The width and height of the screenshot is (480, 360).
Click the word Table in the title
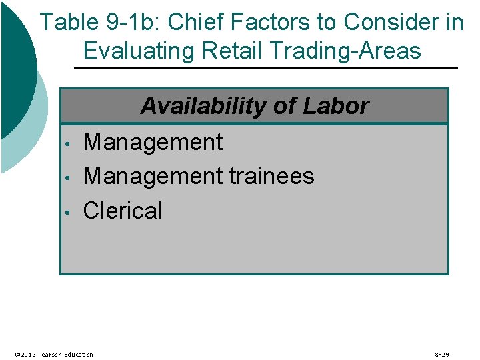[x=68, y=23]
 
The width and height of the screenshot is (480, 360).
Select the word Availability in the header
[x=206, y=106]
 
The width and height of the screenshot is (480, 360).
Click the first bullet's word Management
[x=153, y=142]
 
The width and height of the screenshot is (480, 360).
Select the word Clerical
[x=123, y=211]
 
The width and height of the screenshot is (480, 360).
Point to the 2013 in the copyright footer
[x=28, y=355]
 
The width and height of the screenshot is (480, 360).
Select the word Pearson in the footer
[x=53, y=355]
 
